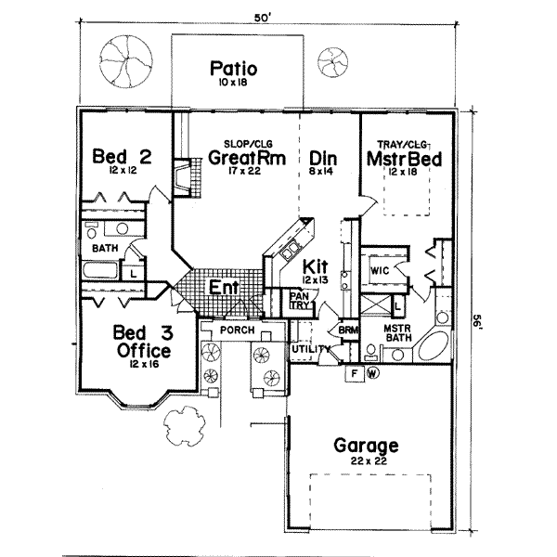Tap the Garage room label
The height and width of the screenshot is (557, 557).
(x=367, y=445)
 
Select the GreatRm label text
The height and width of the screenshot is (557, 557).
(x=239, y=158)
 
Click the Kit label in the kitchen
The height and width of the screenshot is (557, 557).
(x=310, y=266)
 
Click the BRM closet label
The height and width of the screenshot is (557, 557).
(x=348, y=330)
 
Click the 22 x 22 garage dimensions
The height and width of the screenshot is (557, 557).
(x=367, y=461)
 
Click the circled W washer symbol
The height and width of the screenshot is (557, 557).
(x=372, y=374)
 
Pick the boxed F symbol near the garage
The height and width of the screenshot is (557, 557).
(x=354, y=374)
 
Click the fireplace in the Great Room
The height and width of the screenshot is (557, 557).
(x=185, y=177)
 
